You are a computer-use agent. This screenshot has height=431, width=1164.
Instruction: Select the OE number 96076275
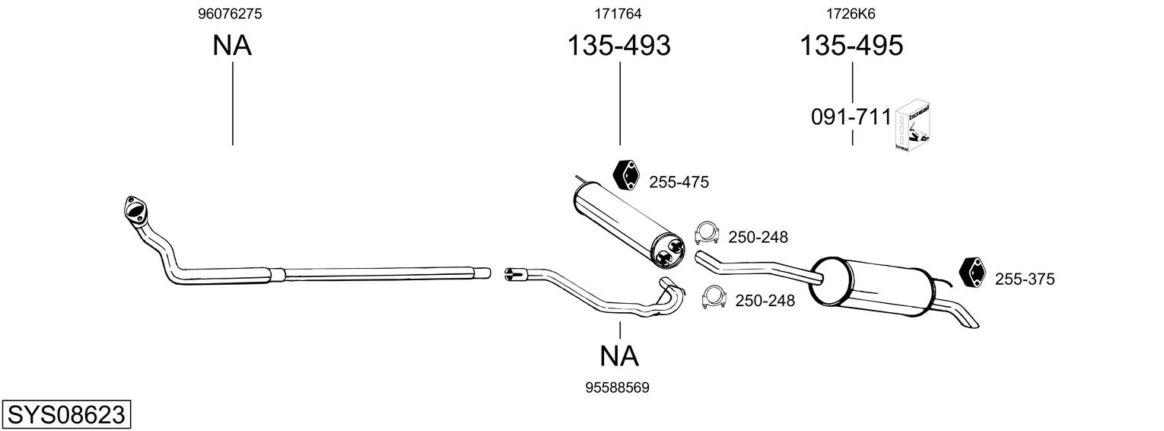[x=231, y=14]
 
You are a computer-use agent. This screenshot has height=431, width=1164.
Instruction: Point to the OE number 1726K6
[x=851, y=14]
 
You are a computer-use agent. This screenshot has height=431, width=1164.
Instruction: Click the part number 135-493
[x=619, y=46]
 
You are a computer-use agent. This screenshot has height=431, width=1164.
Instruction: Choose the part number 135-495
[x=851, y=46]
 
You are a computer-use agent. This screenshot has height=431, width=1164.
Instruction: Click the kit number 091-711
[x=851, y=117]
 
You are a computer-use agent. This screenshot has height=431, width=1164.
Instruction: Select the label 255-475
[x=679, y=182]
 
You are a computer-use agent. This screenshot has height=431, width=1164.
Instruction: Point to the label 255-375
[x=1025, y=279]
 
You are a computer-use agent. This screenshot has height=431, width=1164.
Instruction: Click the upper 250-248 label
[x=758, y=238]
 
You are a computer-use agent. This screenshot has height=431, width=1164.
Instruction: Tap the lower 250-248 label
[x=765, y=301]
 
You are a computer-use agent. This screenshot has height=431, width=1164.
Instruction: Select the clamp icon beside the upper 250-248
[x=707, y=233]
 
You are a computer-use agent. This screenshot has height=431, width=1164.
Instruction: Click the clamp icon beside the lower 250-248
[x=714, y=297]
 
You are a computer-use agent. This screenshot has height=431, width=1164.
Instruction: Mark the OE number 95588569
[x=617, y=388]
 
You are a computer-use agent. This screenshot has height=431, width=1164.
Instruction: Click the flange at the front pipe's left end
[x=135, y=209]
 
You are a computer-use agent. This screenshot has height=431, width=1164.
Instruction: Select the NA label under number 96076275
[x=232, y=46]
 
